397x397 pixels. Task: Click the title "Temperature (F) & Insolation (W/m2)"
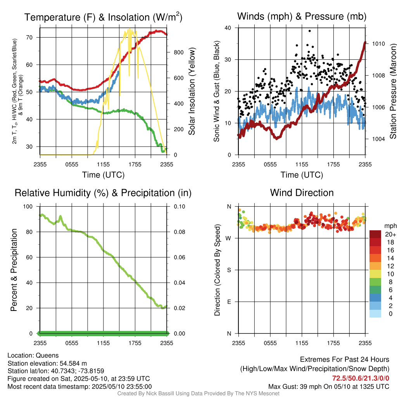[103, 17]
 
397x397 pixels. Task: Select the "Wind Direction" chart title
[302, 193]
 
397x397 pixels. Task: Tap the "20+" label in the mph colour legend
[390, 234]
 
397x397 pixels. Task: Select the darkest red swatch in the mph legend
[375, 234]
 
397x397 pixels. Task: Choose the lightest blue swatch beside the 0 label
[375, 314]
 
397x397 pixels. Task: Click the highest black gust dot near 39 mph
[309, 31]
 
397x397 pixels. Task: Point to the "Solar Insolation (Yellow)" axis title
[192, 91]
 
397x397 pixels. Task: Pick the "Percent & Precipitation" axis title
[14, 270]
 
